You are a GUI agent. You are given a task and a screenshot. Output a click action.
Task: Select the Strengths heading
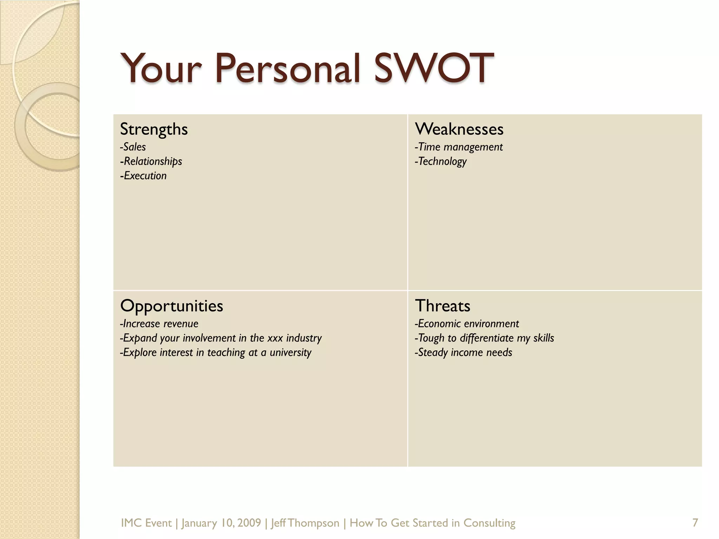click(x=154, y=129)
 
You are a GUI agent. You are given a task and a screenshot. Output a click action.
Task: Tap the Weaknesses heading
click(x=459, y=129)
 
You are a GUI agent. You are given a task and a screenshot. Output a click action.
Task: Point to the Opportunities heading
click(x=171, y=306)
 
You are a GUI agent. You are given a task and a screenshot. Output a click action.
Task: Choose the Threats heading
click(x=442, y=306)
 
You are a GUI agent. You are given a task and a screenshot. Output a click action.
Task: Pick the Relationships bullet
click(x=151, y=161)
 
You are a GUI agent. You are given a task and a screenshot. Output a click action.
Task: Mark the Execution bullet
click(x=143, y=176)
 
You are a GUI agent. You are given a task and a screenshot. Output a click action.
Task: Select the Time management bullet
click(x=459, y=147)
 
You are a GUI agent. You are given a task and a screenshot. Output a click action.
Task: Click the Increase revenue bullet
click(x=159, y=324)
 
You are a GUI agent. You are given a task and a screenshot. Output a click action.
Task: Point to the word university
click(x=290, y=353)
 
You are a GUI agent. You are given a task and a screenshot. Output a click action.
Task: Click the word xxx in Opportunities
click(x=275, y=338)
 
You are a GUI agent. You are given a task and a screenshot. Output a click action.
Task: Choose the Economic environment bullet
click(x=467, y=324)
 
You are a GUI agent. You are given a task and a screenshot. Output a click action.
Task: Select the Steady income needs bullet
click(x=463, y=353)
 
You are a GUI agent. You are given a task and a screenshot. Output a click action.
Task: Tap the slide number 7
click(x=695, y=523)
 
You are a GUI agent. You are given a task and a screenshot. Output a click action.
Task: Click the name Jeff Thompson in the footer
click(x=305, y=523)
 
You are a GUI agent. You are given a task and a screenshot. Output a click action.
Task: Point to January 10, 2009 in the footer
click(x=221, y=523)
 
